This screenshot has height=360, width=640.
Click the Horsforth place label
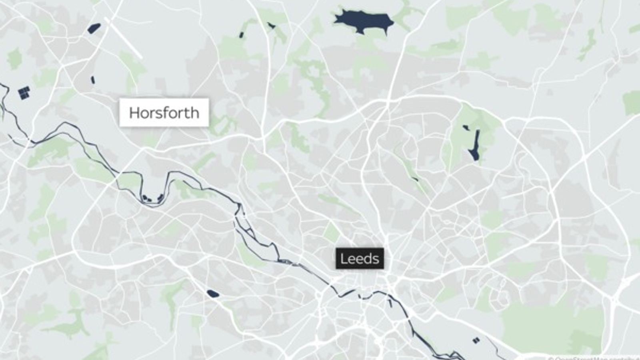coord(164,112)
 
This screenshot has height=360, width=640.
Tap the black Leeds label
coord(360,259)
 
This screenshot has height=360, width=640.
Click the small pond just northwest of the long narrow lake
coord(465,128)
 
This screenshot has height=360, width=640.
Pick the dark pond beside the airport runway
coord(94,28)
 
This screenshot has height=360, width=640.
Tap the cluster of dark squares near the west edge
coord(24,93)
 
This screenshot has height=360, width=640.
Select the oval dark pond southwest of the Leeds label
coord(213,294)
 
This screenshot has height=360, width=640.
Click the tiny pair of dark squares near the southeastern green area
coord(476,340)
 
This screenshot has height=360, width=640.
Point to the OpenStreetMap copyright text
coord(594,358)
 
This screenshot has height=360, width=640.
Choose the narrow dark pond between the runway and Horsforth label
coord(93,80)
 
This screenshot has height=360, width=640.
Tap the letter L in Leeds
coord(343,259)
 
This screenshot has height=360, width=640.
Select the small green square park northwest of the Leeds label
coord(332,232)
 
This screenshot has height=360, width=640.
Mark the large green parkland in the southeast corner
coord(552,324)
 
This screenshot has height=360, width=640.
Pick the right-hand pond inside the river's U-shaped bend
coord(160,197)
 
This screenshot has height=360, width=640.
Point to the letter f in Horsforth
coord(168,112)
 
